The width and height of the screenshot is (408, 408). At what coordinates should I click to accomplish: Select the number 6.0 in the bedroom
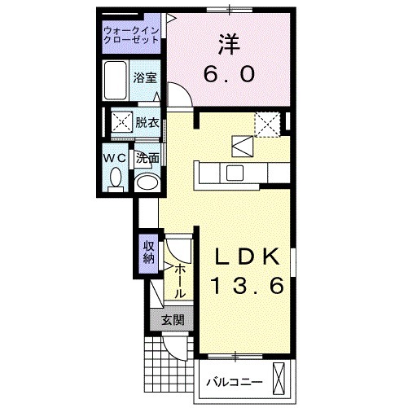click(230, 74)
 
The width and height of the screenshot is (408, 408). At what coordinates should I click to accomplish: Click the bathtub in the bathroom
click(117, 79)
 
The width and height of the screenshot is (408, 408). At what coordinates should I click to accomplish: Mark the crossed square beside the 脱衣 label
click(122, 124)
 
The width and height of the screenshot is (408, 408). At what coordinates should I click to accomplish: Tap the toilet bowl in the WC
click(115, 176)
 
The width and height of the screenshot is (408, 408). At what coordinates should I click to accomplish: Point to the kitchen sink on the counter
click(234, 172)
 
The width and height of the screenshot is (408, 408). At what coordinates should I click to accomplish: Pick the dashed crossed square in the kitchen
click(266, 124)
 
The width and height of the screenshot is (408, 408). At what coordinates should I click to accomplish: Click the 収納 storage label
click(149, 252)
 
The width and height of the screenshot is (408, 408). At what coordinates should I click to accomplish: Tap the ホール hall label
click(178, 279)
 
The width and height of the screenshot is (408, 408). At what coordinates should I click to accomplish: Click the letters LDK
click(248, 256)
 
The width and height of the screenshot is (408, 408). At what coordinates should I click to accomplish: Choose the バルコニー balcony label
click(234, 381)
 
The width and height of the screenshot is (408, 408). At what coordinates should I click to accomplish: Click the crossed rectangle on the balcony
click(282, 379)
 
